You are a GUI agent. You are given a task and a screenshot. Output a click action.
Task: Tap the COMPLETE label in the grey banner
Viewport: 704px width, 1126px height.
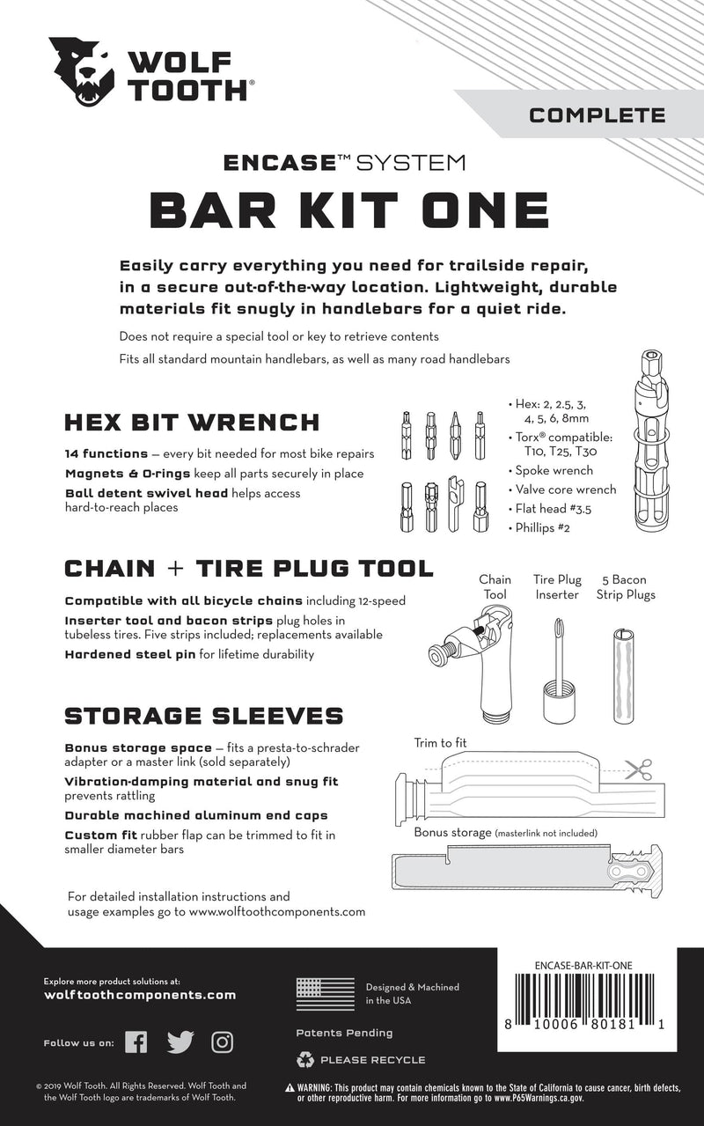597,114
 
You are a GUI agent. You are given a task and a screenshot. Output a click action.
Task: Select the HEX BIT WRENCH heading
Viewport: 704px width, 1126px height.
192,422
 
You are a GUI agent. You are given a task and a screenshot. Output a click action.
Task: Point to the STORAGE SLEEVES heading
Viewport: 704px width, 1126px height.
204,714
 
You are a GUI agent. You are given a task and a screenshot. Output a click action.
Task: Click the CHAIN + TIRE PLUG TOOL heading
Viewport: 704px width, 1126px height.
249,569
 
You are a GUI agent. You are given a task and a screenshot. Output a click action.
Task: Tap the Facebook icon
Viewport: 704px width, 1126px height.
136,1042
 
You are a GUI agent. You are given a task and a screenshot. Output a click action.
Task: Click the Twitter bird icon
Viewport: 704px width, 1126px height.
180,1042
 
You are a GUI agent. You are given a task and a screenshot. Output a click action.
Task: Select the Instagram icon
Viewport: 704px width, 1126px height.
223,1042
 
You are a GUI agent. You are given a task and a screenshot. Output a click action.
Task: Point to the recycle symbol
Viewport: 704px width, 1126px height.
305,1059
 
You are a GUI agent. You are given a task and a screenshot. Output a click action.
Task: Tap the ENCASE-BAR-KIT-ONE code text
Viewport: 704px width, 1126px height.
583,964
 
